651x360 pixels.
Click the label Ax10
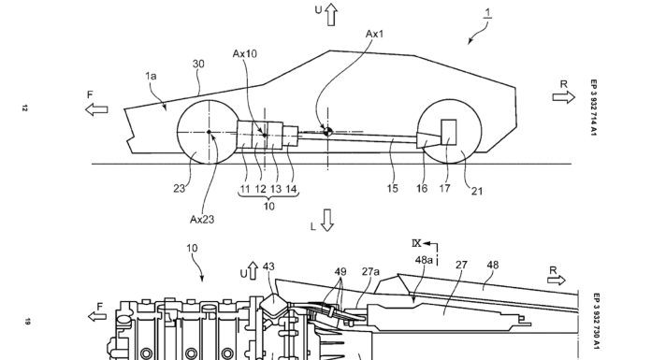pos(244,53)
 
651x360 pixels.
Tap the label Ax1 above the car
pos(374,34)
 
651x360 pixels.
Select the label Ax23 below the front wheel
pos(202,219)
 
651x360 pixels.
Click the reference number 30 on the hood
pos(198,64)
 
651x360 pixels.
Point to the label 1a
pos(151,76)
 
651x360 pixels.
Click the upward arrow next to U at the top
pos(331,15)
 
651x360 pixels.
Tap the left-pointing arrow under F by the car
pos(96,109)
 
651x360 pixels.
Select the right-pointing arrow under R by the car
pos(563,97)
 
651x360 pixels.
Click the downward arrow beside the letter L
pos(327,220)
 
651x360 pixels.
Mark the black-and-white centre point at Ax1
pos(327,132)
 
